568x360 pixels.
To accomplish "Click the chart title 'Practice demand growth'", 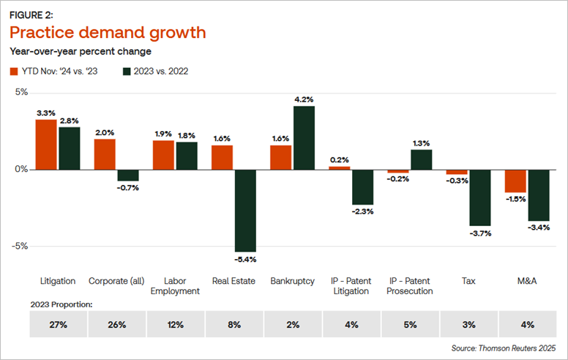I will coord(107,33).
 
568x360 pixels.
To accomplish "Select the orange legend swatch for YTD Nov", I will coord(14,72).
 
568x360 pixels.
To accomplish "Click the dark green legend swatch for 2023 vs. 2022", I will coord(127,72).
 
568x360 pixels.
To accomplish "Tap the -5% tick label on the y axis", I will coord(20,246).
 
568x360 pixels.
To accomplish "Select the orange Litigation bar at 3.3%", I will coord(46,144).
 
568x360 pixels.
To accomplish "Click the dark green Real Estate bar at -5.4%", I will coord(245,211).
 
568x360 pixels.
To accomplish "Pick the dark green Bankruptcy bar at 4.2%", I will coord(304,138).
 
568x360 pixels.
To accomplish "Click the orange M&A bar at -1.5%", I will coord(515,181).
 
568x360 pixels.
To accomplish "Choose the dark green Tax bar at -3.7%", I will coord(479,198).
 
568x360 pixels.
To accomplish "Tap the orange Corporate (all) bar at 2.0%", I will coord(105,154).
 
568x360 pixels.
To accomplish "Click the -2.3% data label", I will coord(362,212).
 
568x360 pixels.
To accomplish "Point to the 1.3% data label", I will coord(421,143).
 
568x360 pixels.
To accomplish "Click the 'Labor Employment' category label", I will coord(176,285).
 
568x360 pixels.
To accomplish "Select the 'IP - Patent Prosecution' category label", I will coord(410,285).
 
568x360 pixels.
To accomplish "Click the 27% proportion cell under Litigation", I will coord(58,323).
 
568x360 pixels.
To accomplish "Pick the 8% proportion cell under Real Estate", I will coord(234,323).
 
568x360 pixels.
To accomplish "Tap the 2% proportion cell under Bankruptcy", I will coord(293,323).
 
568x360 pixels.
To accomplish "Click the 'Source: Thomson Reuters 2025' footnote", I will coord(505,349).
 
